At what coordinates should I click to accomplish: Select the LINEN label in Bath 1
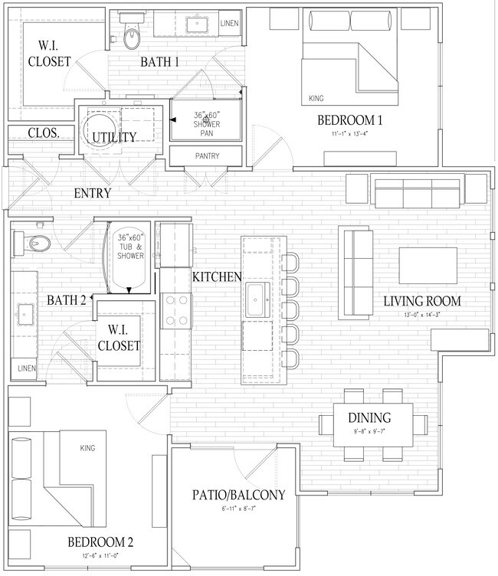tap(229, 24)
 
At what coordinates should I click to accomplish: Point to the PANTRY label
tap(207, 156)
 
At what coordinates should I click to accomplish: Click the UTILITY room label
tap(115, 137)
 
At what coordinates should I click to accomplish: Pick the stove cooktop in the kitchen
tap(177, 310)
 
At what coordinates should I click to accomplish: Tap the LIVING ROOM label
tap(433, 301)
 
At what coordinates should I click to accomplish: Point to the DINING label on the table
tap(369, 418)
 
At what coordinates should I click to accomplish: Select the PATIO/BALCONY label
tap(238, 495)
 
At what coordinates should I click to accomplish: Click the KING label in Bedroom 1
tap(316, 99)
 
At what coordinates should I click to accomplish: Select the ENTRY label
tap(93, 193)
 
